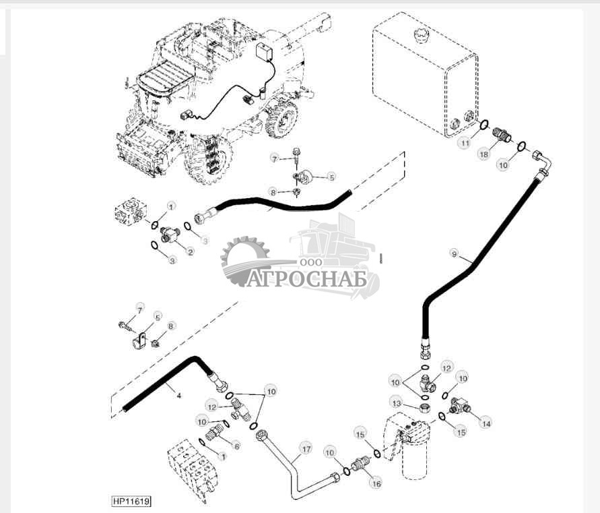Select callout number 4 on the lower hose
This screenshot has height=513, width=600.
coord(178,396)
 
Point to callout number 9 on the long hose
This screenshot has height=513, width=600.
coord(455,254)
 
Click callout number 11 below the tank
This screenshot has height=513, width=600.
coord(465,144)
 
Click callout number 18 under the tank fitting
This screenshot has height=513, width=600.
coord(484,154)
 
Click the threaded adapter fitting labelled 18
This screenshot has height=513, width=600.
coord(502,135)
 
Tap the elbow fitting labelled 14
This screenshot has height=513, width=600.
coord(463,405)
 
